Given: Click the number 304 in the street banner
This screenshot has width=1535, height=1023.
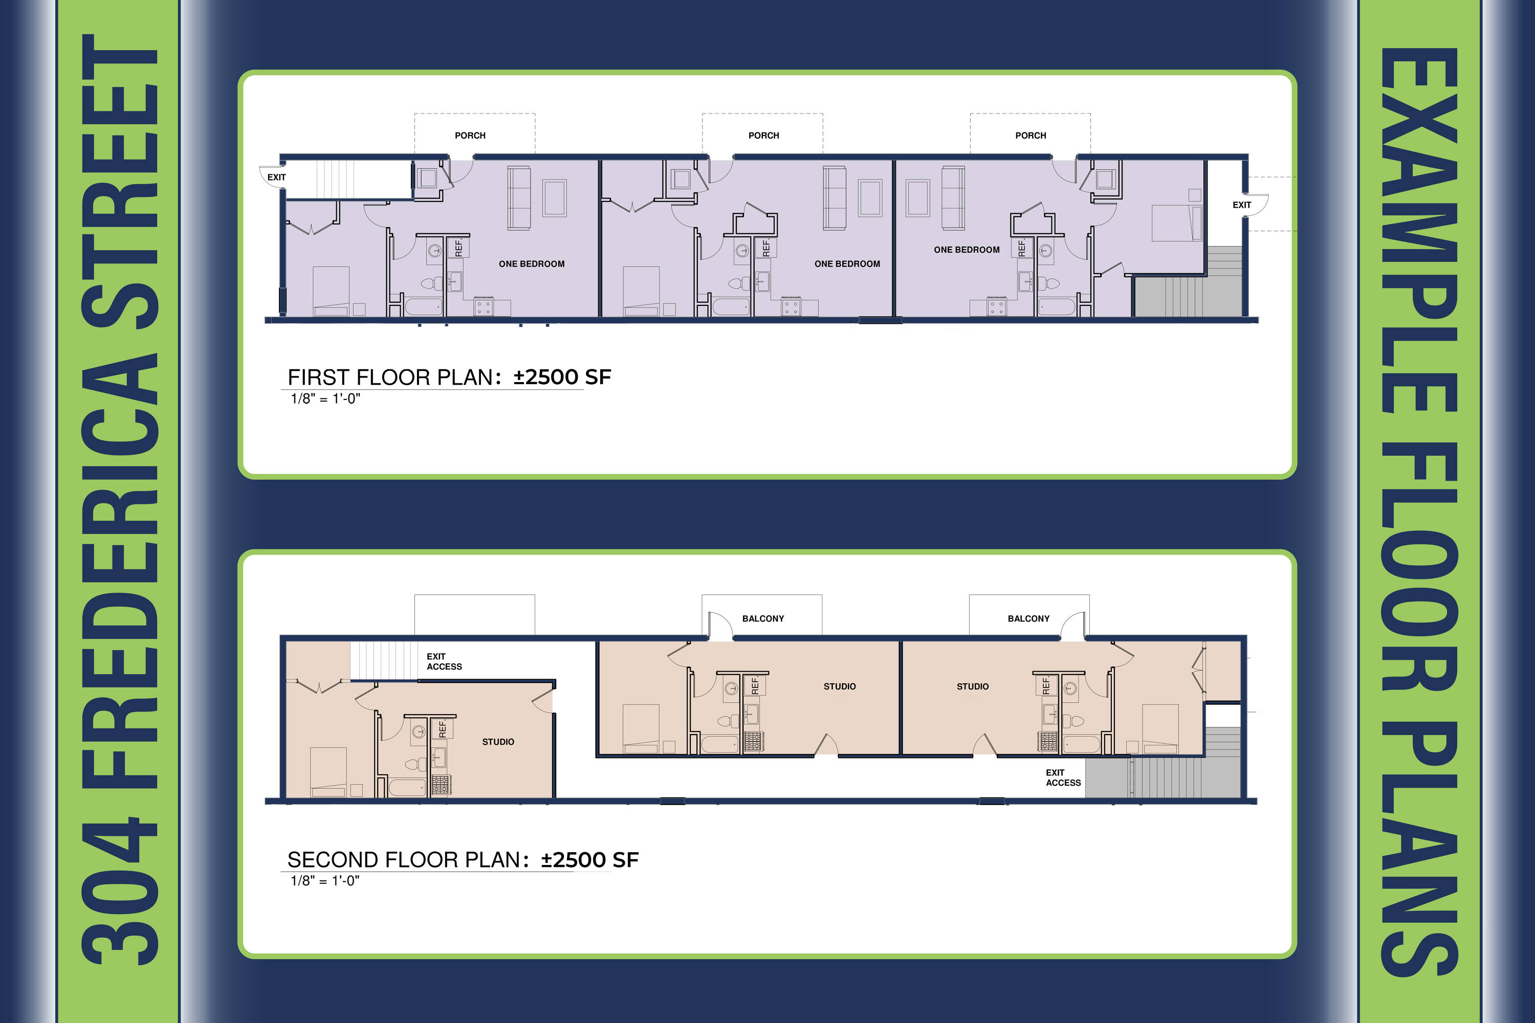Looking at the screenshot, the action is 119,891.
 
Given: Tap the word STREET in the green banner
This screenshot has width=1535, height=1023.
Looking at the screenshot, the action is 119,182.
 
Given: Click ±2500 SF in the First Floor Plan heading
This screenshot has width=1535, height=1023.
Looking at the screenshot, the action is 562,376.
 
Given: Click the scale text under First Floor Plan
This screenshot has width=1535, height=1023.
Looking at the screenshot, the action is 325,398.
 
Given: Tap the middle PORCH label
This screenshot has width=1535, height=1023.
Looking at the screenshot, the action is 763,136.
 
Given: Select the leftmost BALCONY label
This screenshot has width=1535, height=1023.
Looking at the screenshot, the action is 763,618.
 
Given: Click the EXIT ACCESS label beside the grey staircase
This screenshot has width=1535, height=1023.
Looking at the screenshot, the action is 1063,777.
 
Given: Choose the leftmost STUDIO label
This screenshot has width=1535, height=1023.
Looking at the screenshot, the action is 498,742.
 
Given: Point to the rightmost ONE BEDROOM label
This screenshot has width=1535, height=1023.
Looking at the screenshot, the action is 967,250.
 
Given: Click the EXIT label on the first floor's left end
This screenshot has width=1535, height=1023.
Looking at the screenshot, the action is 277,177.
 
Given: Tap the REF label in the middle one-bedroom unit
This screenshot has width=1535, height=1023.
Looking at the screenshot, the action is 766,248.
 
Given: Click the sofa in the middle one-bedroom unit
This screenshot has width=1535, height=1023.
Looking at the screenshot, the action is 835,198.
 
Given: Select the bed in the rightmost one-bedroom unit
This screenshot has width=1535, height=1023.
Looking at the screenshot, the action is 1177,223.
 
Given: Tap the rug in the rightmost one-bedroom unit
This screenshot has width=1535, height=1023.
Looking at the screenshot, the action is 917,197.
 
